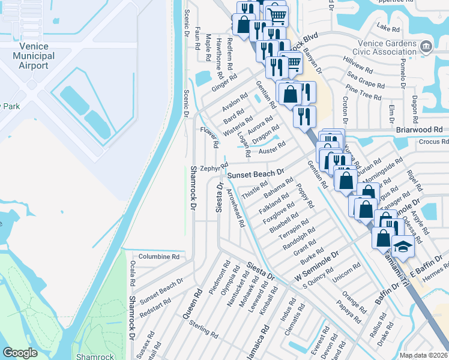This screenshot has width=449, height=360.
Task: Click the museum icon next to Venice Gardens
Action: (x=426, y=46)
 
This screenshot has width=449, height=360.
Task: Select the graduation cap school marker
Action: (x=403, y=247)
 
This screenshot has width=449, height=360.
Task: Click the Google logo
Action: (x=20, y=353)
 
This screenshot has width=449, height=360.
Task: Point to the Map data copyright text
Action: (x=424, y=355)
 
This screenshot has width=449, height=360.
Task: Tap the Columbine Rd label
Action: (x=159, y=256)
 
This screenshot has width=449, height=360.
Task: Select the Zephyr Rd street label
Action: (x=214, y=167)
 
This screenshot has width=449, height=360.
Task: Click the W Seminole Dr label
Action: (x=317, y=266)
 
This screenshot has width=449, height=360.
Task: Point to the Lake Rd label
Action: (x=387, y=27)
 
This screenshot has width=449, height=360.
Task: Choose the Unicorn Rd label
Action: (x=349, y=273)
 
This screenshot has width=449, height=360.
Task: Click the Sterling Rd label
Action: (x=203, y=329)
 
